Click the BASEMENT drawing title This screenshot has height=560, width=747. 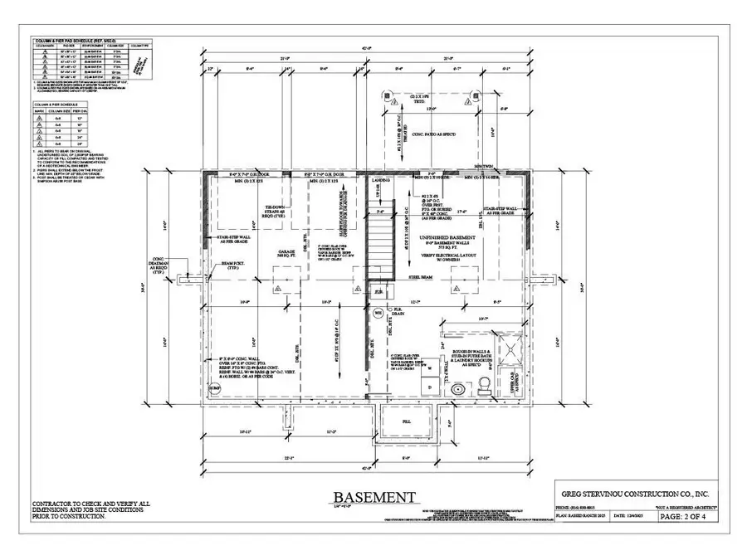point(374,497)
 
